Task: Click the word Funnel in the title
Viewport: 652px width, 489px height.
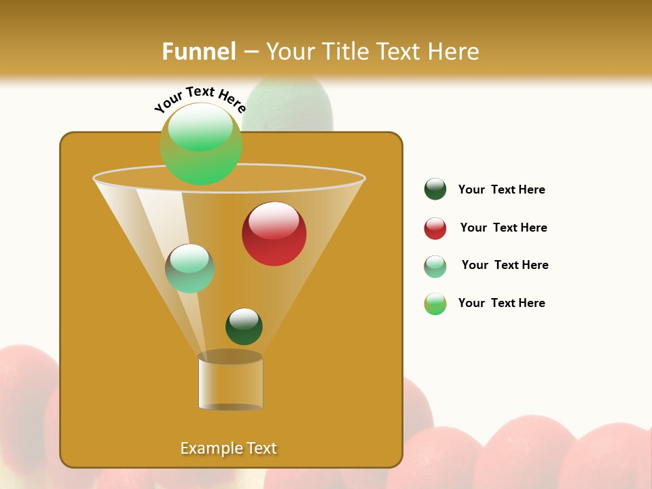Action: tap(199, 52)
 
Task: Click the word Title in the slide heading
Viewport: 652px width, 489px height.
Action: tap(346, 52)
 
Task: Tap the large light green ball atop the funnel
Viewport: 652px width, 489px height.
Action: tap(201, 144)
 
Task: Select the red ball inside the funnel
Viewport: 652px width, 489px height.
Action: tap(274, 234)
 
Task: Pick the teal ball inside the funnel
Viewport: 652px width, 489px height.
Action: tap(190, 268)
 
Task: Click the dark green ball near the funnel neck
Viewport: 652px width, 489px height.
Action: tap(244, 327)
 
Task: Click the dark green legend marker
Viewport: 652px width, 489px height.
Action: tap(435, 189)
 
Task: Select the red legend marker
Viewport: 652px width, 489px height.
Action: tap(435, 228)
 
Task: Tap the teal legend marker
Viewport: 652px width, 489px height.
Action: tap(435, 266)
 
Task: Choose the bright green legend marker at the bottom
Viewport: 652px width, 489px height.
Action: tap(435, 304)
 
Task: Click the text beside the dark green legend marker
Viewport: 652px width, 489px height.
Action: tap(501, 190)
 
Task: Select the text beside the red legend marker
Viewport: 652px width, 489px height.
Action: tap(503, 228)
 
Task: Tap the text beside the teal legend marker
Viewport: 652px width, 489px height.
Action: tap(505, 265)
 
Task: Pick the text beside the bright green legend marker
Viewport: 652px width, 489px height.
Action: tap(501, 303)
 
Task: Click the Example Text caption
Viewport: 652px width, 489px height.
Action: tap(229, 448)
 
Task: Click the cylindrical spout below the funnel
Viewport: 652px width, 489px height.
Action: tap(231, 384)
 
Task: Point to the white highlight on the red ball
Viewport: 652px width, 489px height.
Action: tap(274, 221)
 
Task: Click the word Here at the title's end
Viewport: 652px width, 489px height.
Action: tap(453, 52)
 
